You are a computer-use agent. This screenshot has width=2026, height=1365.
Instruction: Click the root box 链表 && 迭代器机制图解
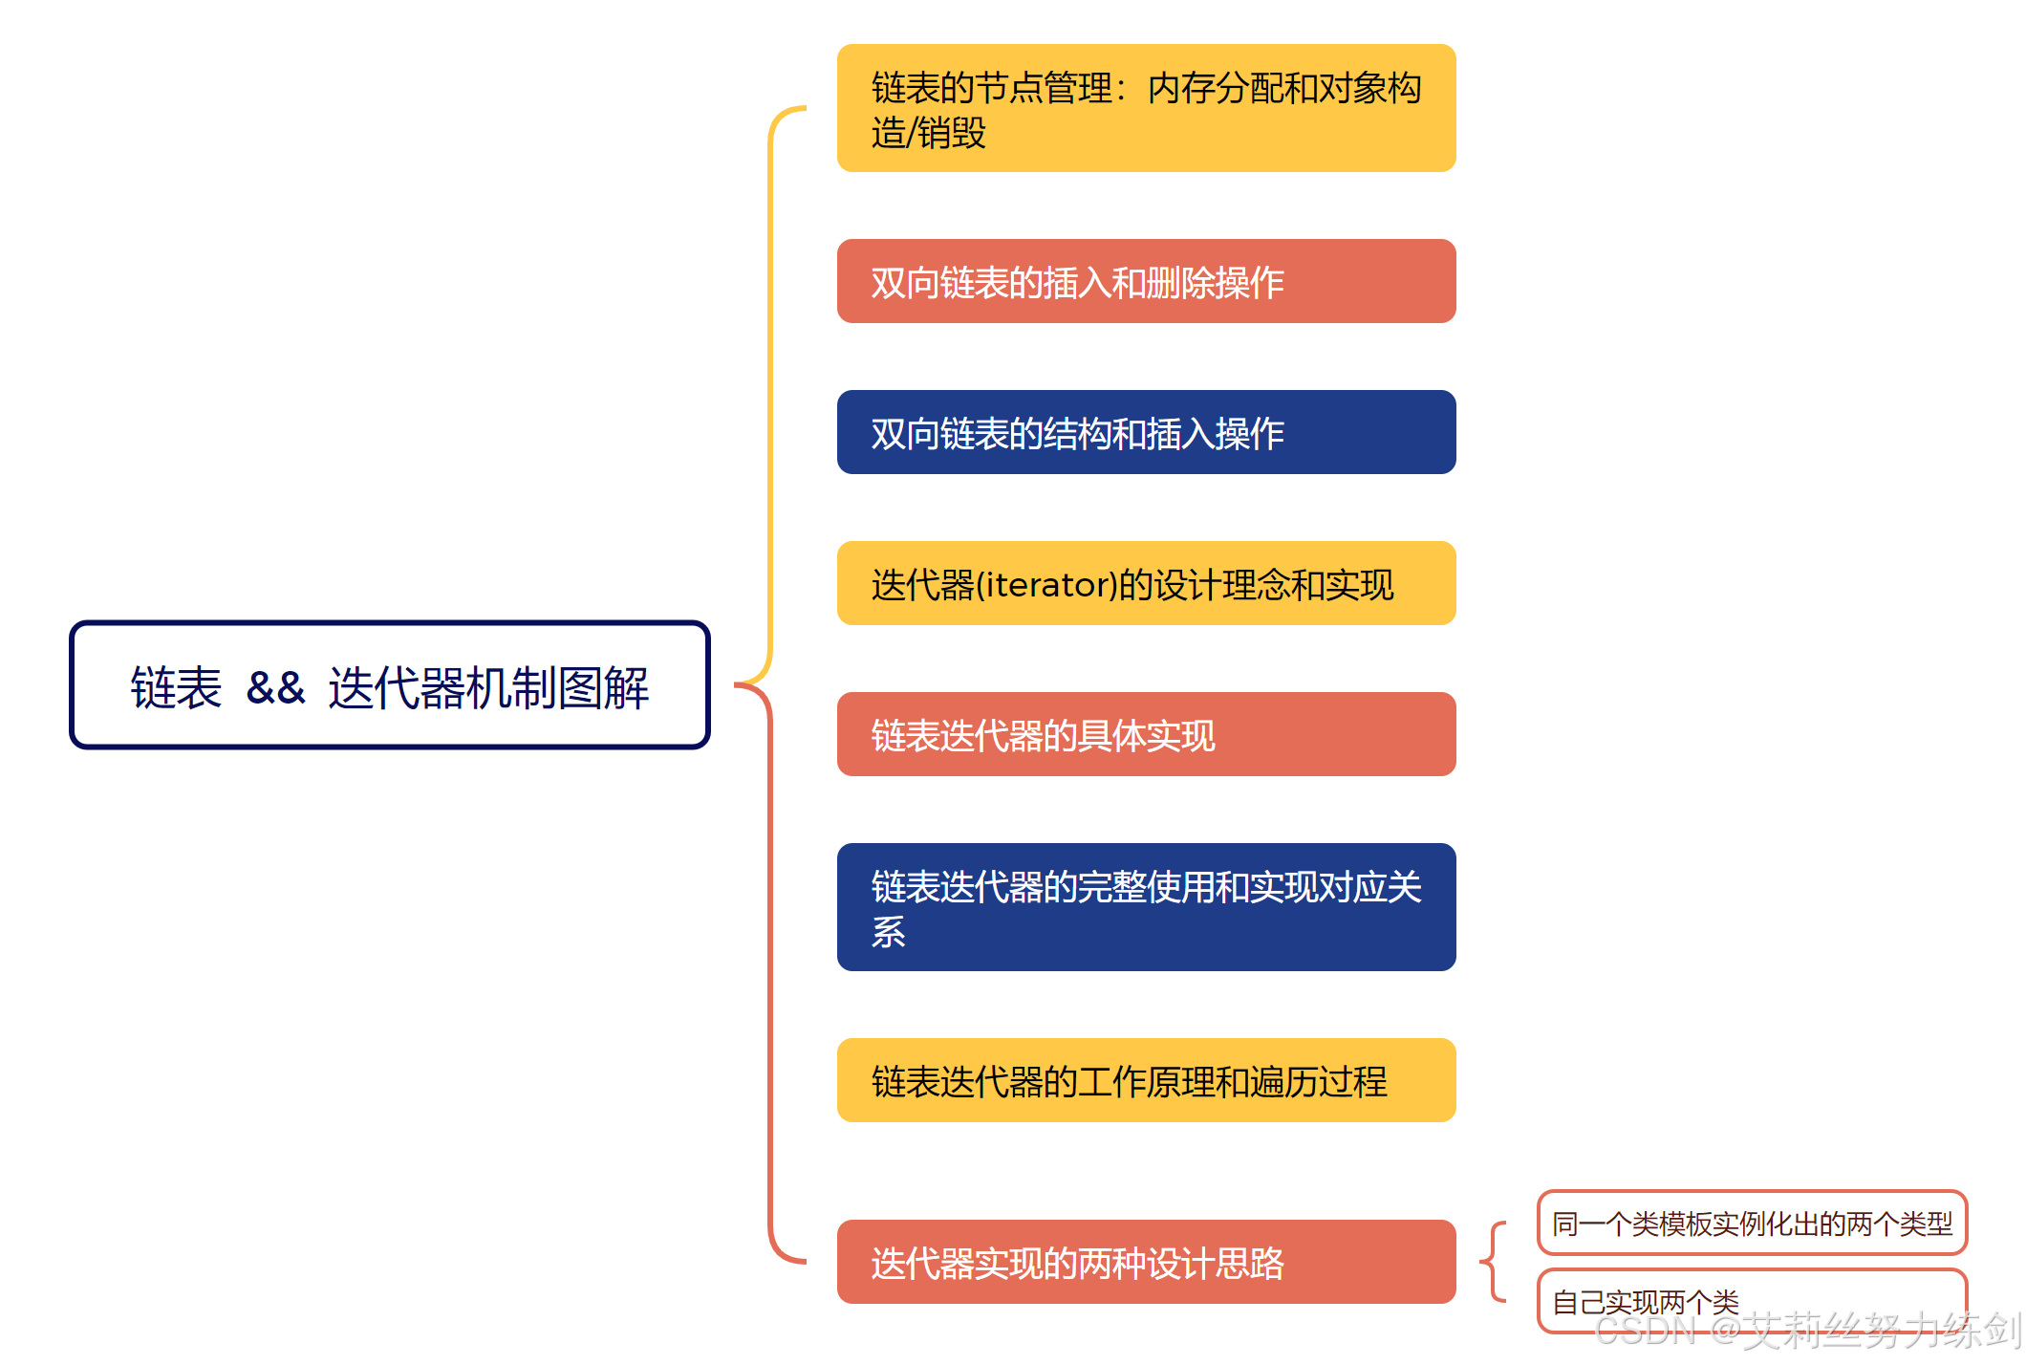[389, 684]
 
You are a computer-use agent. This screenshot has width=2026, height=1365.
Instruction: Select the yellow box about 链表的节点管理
[1145, 108]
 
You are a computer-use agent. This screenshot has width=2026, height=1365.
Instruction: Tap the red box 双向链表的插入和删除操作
[1145, 281]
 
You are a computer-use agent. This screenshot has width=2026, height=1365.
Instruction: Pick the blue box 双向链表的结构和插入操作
[1145, 432]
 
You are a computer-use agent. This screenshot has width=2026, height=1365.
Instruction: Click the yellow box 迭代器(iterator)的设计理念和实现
[1145, 583]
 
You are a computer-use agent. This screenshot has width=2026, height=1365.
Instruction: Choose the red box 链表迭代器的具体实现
[1145, 734]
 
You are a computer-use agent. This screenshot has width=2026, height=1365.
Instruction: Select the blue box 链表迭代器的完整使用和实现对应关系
[1145, 906]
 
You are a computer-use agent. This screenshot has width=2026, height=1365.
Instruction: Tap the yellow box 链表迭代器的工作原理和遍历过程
[1145, 1080]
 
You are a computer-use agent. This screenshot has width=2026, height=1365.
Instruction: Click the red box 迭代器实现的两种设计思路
[1145, 1262]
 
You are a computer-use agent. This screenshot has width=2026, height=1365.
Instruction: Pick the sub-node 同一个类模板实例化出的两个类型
[1751, 1223]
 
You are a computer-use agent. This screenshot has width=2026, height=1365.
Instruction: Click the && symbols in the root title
[275, 688]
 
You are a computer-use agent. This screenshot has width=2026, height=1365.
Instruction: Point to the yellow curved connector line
[770, 382]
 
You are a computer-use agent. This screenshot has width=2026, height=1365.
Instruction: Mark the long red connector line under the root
[770, 956]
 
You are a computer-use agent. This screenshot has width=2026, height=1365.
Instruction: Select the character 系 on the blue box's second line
[889, 931]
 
